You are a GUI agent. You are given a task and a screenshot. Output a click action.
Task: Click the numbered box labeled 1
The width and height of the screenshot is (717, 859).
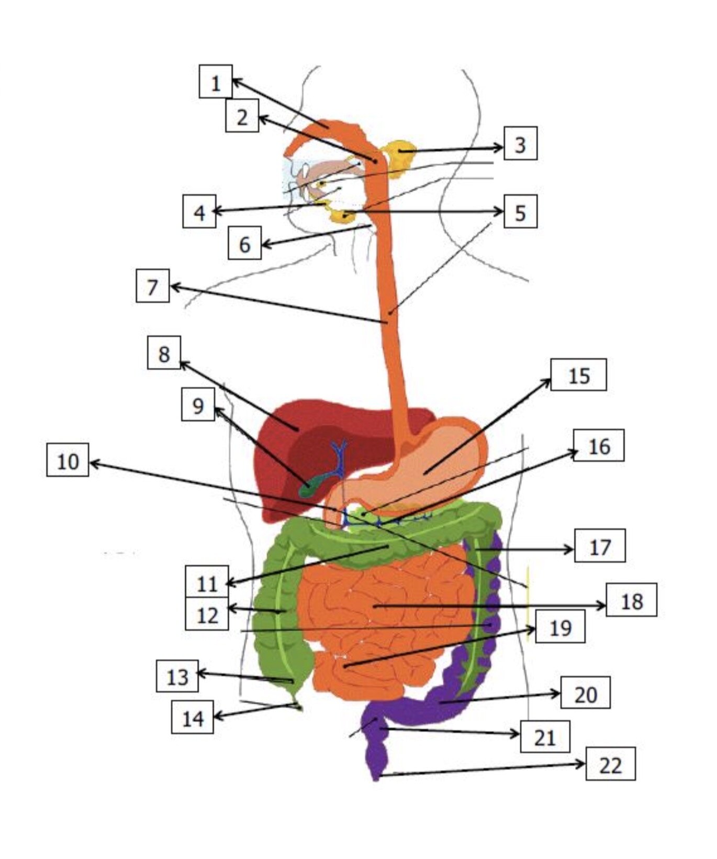point(216,82)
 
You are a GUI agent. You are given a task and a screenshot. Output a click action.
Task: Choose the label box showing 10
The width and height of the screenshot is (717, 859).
point(68,460)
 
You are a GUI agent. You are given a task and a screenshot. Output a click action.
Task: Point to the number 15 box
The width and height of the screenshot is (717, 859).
point(579,375)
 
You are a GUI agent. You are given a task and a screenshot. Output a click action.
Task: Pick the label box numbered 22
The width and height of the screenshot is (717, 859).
point(610,764)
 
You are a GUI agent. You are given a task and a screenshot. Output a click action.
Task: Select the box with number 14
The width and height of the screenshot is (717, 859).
point(193,717)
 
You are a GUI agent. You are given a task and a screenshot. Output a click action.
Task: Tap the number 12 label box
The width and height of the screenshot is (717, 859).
point(207,613)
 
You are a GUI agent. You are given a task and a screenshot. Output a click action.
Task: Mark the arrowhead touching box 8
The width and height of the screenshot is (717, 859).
point(185,365)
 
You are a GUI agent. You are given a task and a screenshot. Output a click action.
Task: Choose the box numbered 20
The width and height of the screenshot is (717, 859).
point(586,692)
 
